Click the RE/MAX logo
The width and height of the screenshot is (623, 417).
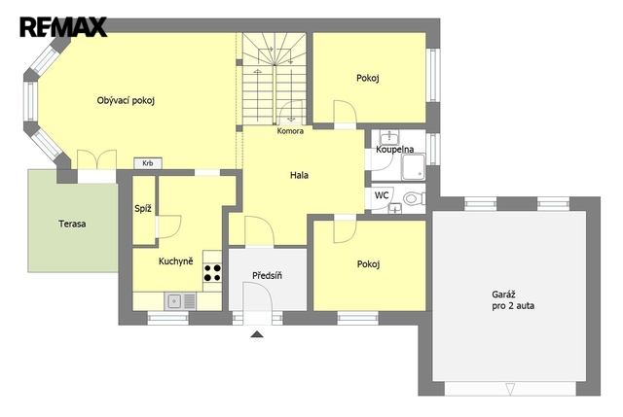[x=63, y=27]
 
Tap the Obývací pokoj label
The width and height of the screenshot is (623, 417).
[x=126, y=101]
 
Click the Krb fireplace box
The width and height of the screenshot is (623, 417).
[x=147, y=163]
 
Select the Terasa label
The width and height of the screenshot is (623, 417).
[x=72, y=224]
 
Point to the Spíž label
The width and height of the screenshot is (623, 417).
[x=143, y=209]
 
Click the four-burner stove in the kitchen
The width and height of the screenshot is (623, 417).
[x=212, y=272]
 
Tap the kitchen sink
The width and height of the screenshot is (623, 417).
[x=180, y=301]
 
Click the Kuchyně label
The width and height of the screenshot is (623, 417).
[x=175, y=261]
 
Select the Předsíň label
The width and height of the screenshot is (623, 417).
[x=267, y=275]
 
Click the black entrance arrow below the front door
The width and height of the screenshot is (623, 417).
[x=257, y=334]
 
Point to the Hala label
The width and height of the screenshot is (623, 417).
[x=299, y=175]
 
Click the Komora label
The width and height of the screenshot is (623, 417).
[x=290, y=131]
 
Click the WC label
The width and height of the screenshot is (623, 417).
[x=382, y=195]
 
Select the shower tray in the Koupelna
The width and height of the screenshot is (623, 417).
[x=414, y=167]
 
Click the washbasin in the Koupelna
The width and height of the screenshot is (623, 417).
[x=389, y=137]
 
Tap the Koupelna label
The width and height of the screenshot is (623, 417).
[x=395, y=150]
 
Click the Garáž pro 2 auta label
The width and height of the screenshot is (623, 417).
[x=513, y=300]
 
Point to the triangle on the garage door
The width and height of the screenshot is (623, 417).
[x=510, y=389]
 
